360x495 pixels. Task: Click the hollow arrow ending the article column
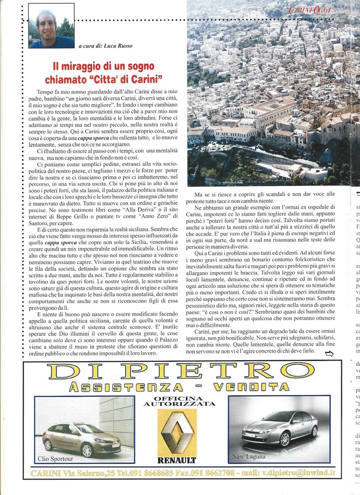329,353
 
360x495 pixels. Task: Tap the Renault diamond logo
177,431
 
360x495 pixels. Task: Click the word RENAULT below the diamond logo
177,460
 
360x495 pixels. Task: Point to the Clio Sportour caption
56,459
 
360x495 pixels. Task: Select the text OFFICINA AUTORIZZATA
179,401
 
